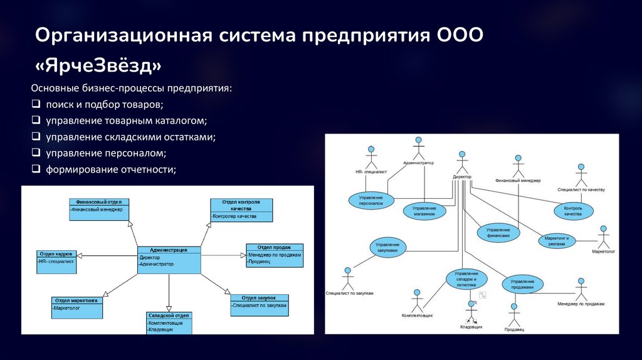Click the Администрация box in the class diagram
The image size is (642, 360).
pos(169,260)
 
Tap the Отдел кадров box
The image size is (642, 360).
pos(56,261)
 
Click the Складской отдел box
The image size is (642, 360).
pos(169,322)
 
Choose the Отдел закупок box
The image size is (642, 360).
pos(259,305)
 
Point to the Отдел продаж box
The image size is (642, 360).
pos(275,255)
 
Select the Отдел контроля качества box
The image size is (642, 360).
pos(241,210)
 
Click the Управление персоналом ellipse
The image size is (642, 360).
pos(371,200)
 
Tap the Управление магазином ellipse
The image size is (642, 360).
pos(424,211)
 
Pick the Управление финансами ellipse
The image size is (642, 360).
pos(498,233)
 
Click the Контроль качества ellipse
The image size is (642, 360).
pos(573,210)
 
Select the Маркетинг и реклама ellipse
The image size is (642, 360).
pos(556,241)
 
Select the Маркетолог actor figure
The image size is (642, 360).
pos(604,237)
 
